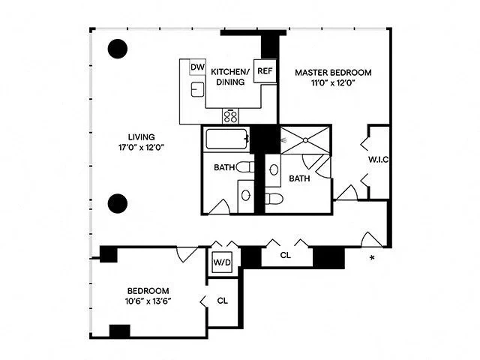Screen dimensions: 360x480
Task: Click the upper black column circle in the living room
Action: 118,49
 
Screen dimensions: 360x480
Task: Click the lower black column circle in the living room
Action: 118,202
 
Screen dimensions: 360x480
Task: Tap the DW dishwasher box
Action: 197,67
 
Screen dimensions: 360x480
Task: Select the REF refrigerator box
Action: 265,71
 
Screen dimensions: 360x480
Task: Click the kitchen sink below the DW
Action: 197,91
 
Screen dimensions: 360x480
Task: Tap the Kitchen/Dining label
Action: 230,76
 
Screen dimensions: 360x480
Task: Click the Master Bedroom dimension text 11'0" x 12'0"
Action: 332,84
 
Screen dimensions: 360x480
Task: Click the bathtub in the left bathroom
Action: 226,139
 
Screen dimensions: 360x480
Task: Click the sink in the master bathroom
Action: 274,170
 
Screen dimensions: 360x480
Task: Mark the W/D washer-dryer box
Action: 222,263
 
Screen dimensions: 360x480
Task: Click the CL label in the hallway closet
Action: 286,256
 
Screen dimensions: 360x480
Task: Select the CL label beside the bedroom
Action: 223,301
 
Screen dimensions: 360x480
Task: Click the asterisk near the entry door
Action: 373,259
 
